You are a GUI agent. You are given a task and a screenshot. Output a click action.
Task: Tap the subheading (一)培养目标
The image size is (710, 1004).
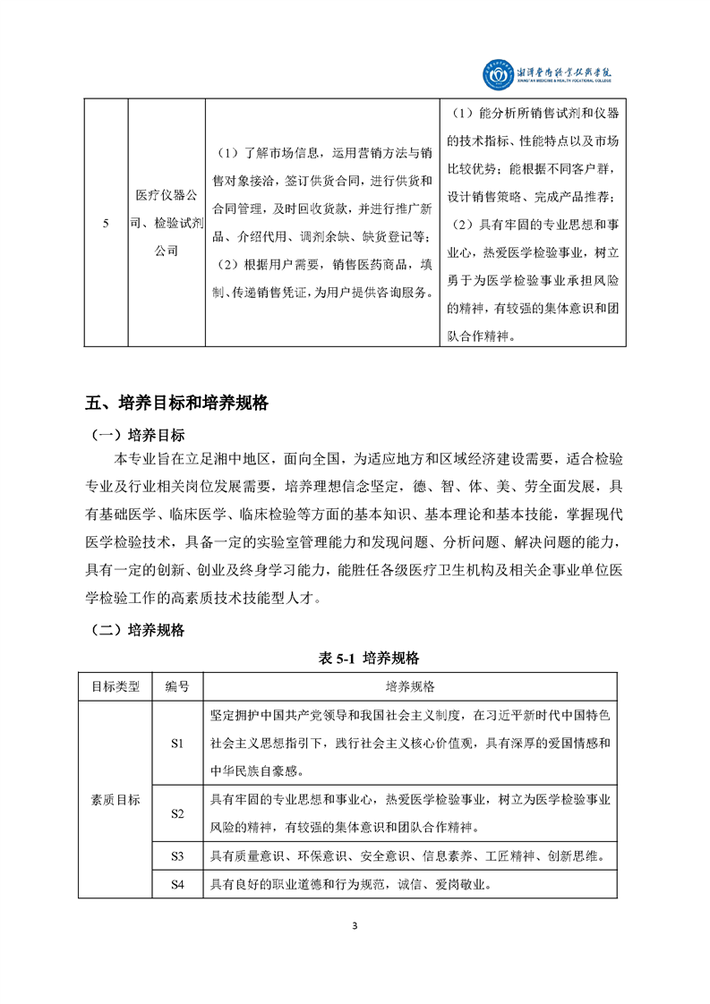(138, 436)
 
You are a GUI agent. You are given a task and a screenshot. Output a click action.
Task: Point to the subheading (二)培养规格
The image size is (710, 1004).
(138, 630)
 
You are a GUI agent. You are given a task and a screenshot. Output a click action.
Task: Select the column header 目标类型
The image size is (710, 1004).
(115, 686)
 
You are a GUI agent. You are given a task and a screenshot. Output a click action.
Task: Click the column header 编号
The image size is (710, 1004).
(176, 686)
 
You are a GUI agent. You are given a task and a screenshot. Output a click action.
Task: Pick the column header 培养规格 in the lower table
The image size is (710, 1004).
(410, 686)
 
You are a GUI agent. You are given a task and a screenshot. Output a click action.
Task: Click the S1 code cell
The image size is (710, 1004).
(176, 744)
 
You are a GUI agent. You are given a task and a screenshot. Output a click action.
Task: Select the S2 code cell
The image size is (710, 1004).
(176, 813)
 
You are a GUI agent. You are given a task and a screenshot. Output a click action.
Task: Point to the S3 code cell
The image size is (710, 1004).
(176, 856)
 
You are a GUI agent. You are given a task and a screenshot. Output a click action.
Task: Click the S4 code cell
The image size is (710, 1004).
(176, 885)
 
